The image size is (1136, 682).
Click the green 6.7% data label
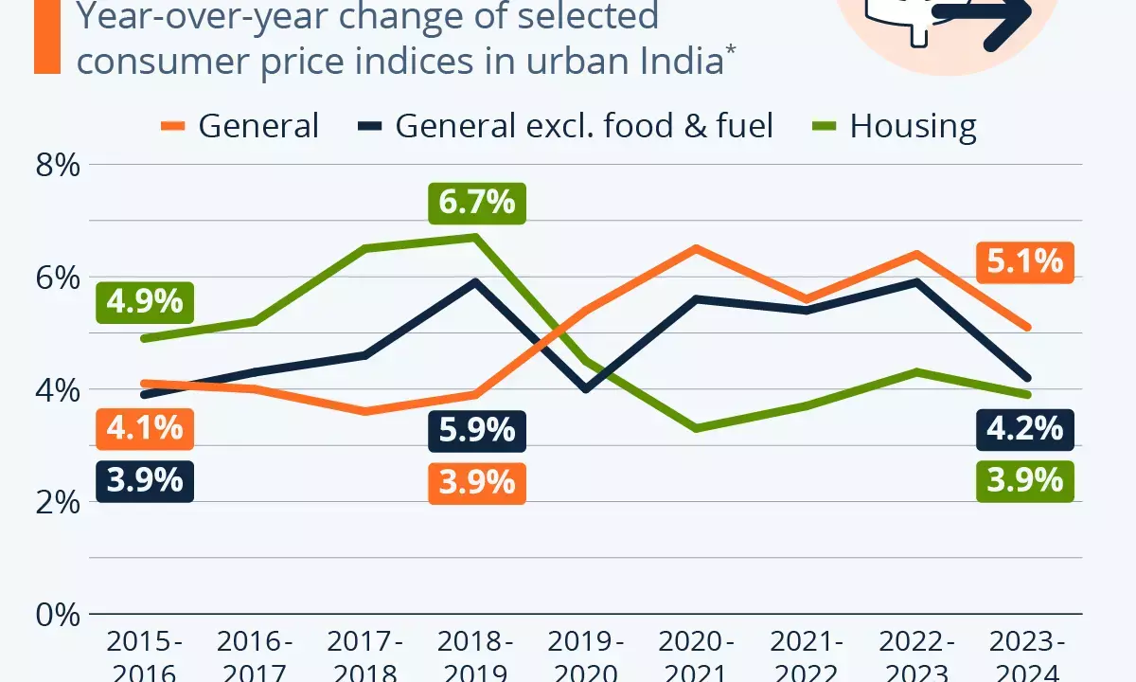[x=476, y=202]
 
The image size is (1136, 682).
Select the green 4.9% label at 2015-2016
[x=145, y=301]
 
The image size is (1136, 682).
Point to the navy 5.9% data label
[x=476, y=430]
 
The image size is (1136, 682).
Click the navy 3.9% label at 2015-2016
[x=145, y=480]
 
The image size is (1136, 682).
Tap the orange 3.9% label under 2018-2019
[x=476, y=482]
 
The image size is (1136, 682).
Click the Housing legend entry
[x=894, y=126]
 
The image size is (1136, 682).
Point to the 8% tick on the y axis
[x=56, y=166]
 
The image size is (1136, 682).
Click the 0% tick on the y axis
[x=56, y=615]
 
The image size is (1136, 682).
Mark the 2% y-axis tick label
[x=56, y=502]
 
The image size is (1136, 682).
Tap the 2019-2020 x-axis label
[x=586, y=659]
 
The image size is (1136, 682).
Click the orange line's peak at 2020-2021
[x=697, y=248]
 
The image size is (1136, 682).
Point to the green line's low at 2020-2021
[x=697, y=428]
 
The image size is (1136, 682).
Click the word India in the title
[x=676, y=60]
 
